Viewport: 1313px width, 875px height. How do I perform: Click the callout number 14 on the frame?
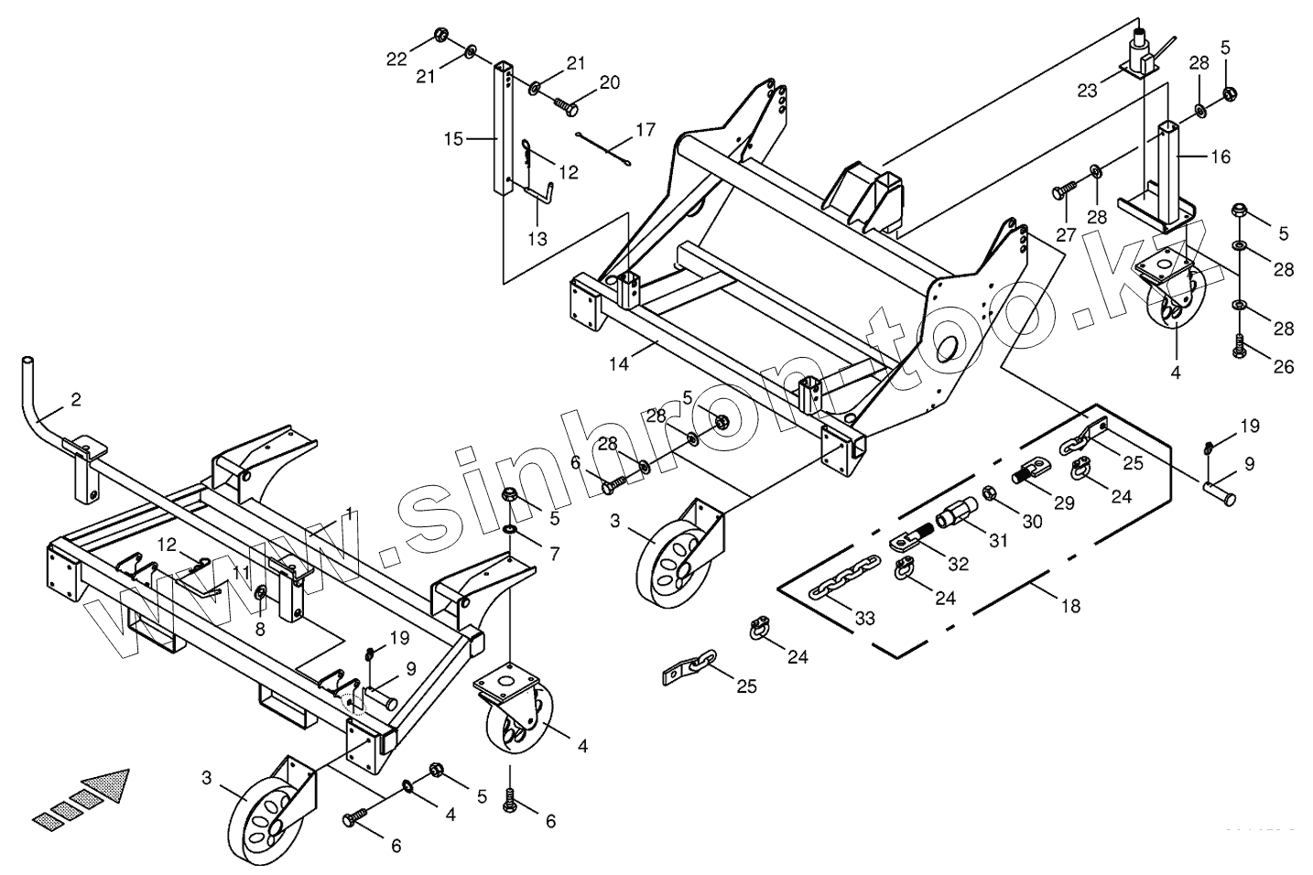click(x=618, y=363)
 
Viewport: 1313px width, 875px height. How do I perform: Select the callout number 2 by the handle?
click(x=76, y=399)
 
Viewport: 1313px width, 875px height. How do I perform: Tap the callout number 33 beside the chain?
click(x=865, y=618)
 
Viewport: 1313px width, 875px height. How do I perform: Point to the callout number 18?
click(x=1069, y=606)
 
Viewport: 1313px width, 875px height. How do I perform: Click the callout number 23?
click(x=1087, y=90)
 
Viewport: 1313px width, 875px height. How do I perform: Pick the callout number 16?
click(x=1221, y=157)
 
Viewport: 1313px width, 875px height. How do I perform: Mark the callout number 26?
click(x=1283, y=366)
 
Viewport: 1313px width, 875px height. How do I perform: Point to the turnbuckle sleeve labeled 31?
click(x=954, y=512)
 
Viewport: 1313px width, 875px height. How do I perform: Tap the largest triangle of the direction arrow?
click(x=106, y=785)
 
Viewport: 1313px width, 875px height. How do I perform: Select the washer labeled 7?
click(x=509, y=530)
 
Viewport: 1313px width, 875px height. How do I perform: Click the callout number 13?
click(x=537, y=240)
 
